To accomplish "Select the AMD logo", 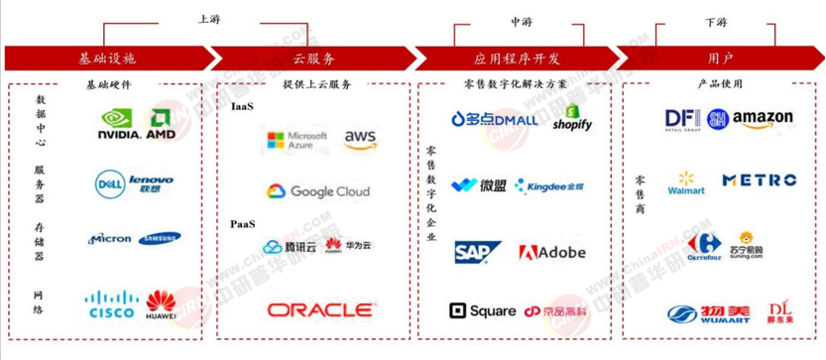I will click(x=162, y=124).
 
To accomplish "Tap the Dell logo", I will click(x=109, y=182).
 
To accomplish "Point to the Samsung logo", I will click(x=160, y=238).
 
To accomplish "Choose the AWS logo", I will click(x=360, y=140).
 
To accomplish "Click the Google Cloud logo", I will click(x=317, y=190).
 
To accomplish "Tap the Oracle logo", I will click(x=320, y=310).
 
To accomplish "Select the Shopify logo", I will click(x=573, y=118).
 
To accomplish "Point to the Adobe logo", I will click(x=552, y=252).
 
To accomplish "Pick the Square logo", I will click(x=482, y=311).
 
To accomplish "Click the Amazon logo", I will click(x=762, y=119).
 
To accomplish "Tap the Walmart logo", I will click(x=686, y=181).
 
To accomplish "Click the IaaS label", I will click(x=243, y=104).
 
